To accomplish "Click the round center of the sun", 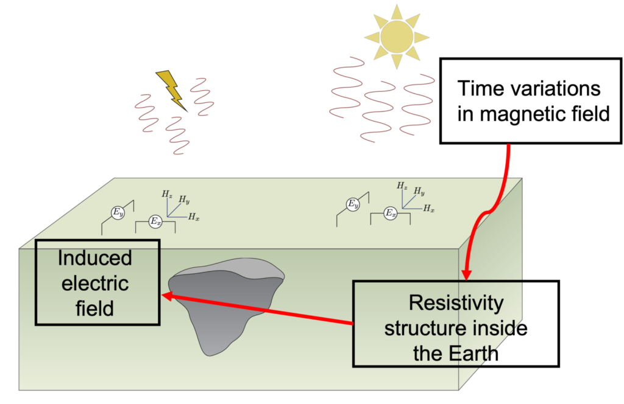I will tap(397, 36).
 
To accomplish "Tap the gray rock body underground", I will tap(222, 304).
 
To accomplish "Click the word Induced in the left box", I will tap(94, 258).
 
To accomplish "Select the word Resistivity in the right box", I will tap(456, 302).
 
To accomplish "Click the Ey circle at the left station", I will tap(117, 212).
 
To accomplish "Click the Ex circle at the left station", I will tap(155, 221).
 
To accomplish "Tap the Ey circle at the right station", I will tap(352, 204).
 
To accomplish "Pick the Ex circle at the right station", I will tap(391, 214).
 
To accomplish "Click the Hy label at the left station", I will tap(184, 201).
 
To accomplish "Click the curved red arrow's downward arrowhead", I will tap(467, 274).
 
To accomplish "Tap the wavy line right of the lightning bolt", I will tap(202, 97).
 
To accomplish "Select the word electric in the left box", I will tap(95, 283).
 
